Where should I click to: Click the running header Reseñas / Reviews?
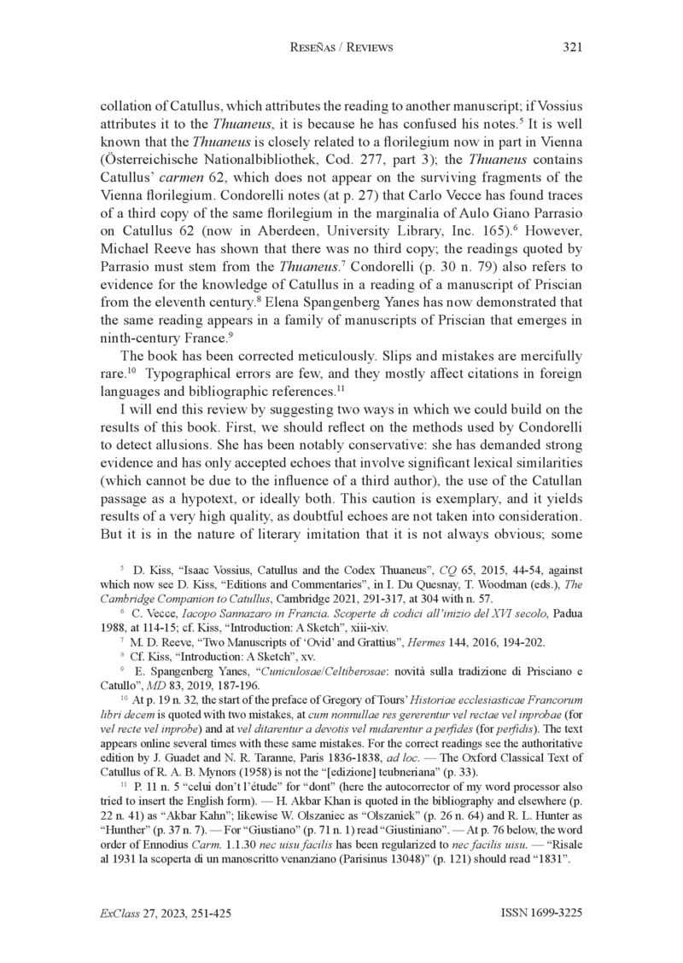341,48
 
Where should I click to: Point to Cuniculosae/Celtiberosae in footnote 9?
274,664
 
